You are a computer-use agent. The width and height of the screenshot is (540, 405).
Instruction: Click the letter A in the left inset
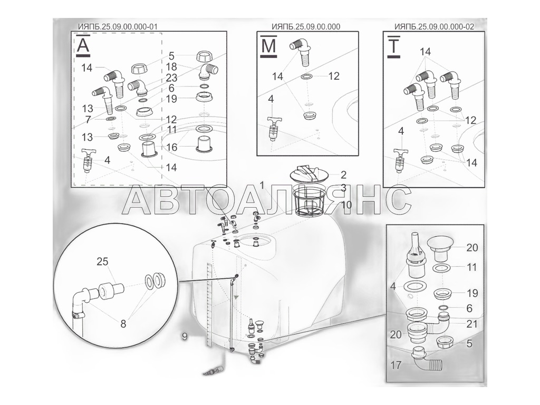click(x=83, y=45)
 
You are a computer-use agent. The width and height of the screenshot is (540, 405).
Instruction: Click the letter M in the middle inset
click(x=268, y=45)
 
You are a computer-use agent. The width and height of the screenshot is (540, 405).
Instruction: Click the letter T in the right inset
click(x=393, y=45)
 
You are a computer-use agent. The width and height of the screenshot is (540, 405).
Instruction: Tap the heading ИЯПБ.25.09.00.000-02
click(x=434, y=27)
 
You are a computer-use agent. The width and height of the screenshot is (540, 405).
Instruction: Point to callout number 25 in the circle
click(x=102, y=262)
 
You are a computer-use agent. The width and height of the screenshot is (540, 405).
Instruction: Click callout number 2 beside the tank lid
click(x=343, y=175)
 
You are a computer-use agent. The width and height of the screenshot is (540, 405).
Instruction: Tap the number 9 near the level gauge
click(x=185, y=336)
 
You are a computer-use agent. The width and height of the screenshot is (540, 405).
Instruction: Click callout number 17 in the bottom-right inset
click(x=396, y=365)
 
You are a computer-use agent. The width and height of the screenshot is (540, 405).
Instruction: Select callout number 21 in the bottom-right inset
click(x=472, y=324)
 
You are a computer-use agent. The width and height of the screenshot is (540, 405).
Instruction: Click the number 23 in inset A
click(x=171, y=78)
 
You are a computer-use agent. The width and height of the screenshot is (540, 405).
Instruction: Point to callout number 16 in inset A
click(x=171, y=147)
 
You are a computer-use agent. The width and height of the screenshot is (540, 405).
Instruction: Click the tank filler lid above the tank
click(x=309, y=174)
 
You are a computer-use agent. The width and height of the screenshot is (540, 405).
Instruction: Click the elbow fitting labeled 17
click(x=427, y=360)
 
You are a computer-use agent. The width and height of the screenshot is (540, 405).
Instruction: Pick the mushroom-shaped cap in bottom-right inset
click(x=443, y=249)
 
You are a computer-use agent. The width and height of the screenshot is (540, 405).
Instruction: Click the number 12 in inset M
click(x=334, y=76)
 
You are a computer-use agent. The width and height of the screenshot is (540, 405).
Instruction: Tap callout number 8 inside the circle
click(x=123, y=324)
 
